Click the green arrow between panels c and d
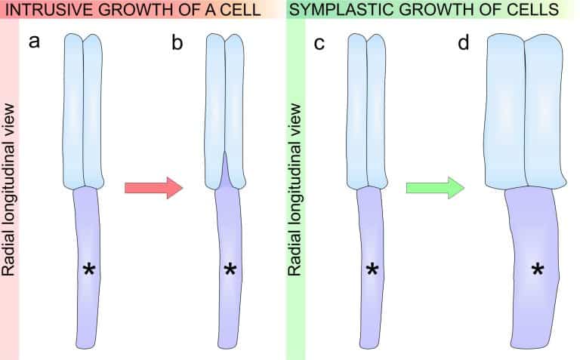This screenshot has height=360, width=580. tap(434, 187)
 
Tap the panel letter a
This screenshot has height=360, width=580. tap(34, 42)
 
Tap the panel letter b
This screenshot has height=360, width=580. tap(177, 43)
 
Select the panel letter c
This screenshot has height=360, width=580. tap(319, 43)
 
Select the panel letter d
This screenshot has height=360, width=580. tap(463, 43)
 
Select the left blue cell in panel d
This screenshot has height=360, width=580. tap(505, 113)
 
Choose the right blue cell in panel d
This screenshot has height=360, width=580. tap(545, 113)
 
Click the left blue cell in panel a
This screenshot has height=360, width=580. tap(73, 113)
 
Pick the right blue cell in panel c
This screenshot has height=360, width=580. tap(376, 113)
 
